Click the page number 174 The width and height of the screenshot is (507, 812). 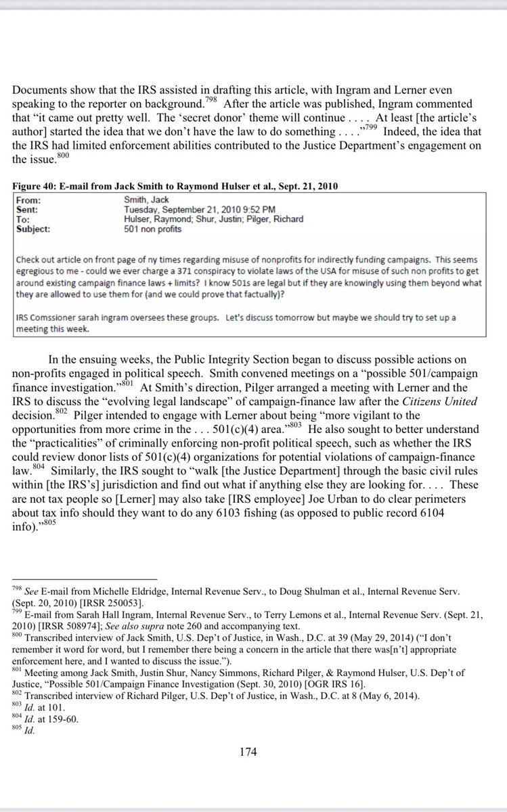point(253,750)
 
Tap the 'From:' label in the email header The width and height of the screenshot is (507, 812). point(32,200)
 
